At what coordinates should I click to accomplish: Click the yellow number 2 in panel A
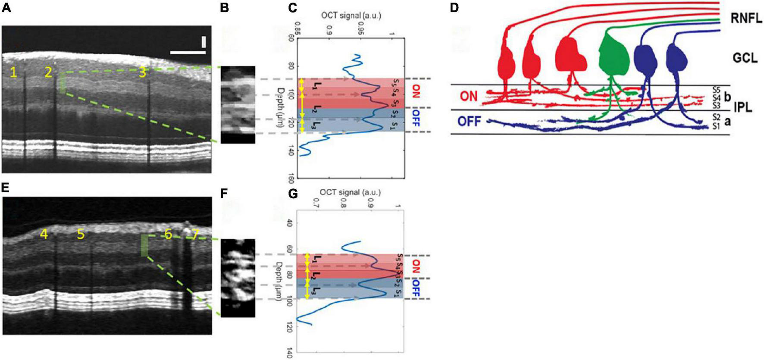(x=48, y=72)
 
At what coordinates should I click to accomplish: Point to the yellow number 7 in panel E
(x=196, y=235)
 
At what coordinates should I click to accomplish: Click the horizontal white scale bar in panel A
(x=188, y=53)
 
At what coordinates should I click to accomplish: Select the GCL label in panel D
(x=745, y=58)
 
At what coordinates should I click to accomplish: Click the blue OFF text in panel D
(x=470, y=122)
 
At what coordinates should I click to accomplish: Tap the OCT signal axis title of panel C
(x=351, y=16)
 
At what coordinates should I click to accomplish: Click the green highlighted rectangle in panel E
(x=144, y=245)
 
